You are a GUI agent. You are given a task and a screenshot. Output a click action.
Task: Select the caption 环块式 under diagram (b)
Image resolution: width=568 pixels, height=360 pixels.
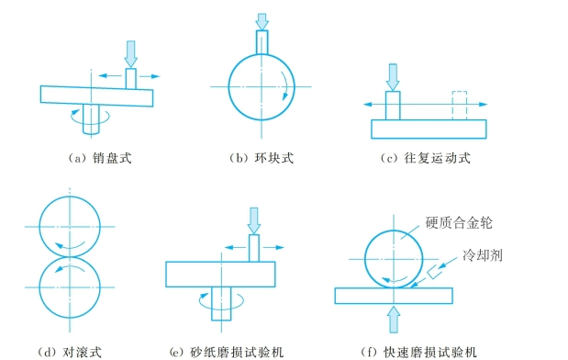[x=273, y=158]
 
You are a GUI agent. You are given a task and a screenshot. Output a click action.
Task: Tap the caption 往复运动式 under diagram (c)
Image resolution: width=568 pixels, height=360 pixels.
[x=437, y=158]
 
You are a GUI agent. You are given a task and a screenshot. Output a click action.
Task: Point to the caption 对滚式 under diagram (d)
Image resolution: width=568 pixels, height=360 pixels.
[x=82, y=352]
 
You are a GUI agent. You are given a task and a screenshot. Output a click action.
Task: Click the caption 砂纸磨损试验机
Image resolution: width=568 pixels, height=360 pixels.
[x=237, y=352]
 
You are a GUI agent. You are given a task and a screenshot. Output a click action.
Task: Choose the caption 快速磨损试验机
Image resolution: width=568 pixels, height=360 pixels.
[x=430, y=352]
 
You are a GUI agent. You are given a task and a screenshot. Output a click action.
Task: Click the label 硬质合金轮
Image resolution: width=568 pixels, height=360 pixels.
[x=459, y=222]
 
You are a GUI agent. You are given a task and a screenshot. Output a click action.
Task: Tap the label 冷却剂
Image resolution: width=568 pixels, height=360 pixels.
[x=483, y=255]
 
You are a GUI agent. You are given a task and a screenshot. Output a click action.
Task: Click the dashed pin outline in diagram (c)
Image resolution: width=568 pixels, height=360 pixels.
[x=460, y=106]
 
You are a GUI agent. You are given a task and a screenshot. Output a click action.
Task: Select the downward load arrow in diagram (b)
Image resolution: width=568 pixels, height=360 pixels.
[x=262, y=22]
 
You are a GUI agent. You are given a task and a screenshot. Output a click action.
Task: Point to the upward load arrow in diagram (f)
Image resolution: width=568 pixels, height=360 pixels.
[x=394, y=320]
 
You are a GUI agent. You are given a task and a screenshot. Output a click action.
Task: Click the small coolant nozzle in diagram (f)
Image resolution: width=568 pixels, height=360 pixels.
[x=434, y=272]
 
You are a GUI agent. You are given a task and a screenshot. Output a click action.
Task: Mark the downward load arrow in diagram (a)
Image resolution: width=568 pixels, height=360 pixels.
[x=131, y=54]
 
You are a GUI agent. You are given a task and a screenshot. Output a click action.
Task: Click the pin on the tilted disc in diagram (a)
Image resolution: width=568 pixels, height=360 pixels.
[x=131, y=79]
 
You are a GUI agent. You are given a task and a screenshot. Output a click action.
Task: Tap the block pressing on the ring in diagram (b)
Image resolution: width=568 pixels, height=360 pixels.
[x=262, y=42]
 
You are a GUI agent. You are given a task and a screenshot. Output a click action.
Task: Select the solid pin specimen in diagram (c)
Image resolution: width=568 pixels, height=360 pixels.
[x=393, y=106]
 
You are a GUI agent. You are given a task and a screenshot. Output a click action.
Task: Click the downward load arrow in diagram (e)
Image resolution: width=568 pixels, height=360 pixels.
[x=254, y=220]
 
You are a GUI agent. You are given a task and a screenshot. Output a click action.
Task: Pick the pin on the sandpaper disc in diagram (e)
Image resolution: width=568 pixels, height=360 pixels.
[x=254, y=248]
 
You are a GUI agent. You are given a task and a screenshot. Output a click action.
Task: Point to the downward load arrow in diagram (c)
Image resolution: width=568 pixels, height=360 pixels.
[x=393, y=77]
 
